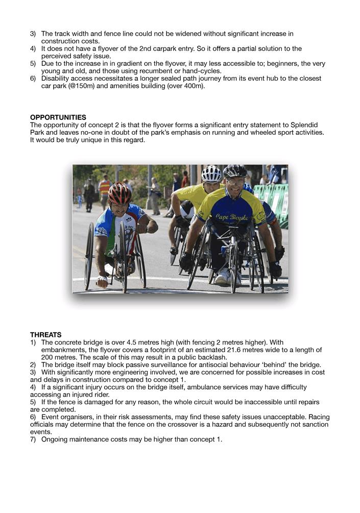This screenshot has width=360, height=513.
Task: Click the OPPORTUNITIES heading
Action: [58, 117]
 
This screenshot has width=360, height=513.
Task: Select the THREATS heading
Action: [46, 335]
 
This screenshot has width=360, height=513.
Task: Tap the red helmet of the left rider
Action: [119, 193]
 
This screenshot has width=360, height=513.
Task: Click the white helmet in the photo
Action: [211, 174]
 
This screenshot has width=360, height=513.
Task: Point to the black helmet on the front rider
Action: [235, 172]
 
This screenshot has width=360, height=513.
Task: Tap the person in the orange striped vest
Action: [105, 187]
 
